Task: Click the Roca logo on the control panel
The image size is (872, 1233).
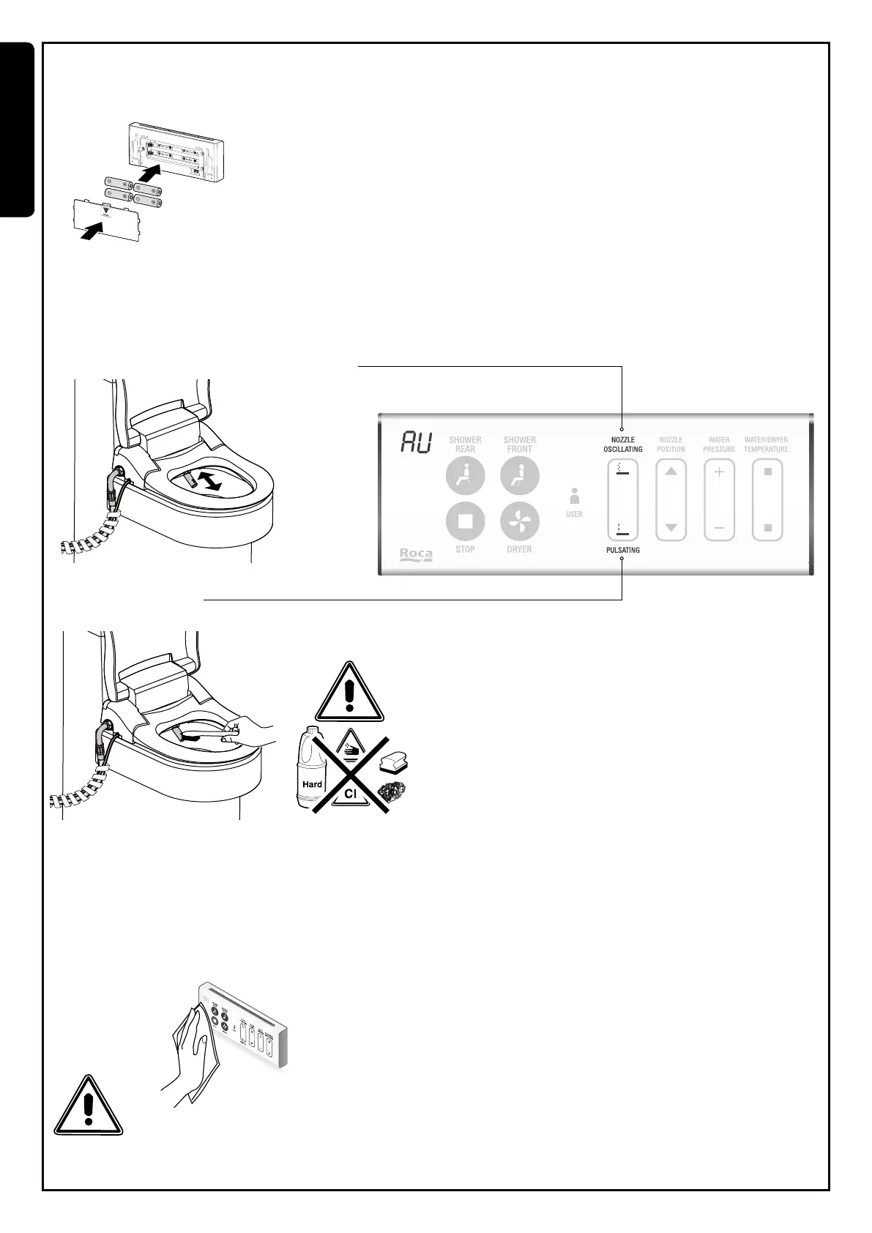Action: click(416, 554)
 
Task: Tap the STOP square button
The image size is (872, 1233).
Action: click(465, 522)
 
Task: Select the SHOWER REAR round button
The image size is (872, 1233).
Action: click(465, 476)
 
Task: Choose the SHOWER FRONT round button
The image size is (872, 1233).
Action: click(519, 476)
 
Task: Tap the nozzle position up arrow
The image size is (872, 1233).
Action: click(671, 472)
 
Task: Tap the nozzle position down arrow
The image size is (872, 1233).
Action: click(671, 527)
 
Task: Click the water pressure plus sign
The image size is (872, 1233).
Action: click(719, 472)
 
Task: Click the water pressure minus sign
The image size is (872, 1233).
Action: click(719, 528)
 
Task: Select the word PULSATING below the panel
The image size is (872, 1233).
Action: click(622, 550)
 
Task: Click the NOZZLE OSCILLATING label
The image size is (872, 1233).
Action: click(623, 444)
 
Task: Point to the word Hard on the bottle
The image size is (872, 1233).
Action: click(313, 784)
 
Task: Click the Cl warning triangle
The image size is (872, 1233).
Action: click(350, 791)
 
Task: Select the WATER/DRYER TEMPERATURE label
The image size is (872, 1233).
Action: click(766, 444)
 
